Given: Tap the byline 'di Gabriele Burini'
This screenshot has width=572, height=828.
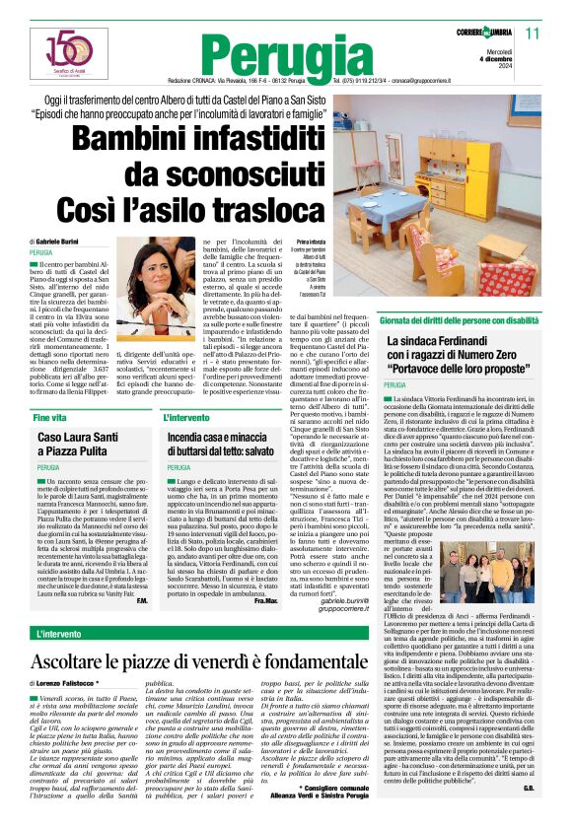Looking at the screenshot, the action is click(61, 241).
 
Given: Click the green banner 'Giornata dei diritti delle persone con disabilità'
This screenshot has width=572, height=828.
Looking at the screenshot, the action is click(447, 321).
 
